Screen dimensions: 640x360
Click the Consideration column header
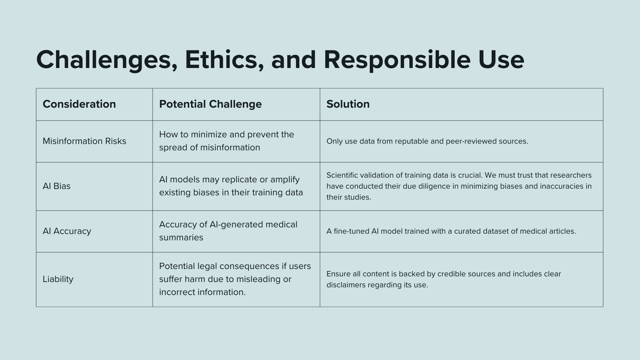79,104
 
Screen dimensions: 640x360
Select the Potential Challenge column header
210,104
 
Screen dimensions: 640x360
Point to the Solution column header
348,104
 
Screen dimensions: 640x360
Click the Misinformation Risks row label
84,141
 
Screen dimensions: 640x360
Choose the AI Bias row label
57,186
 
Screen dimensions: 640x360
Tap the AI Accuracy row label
67,231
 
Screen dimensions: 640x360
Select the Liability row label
58,279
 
